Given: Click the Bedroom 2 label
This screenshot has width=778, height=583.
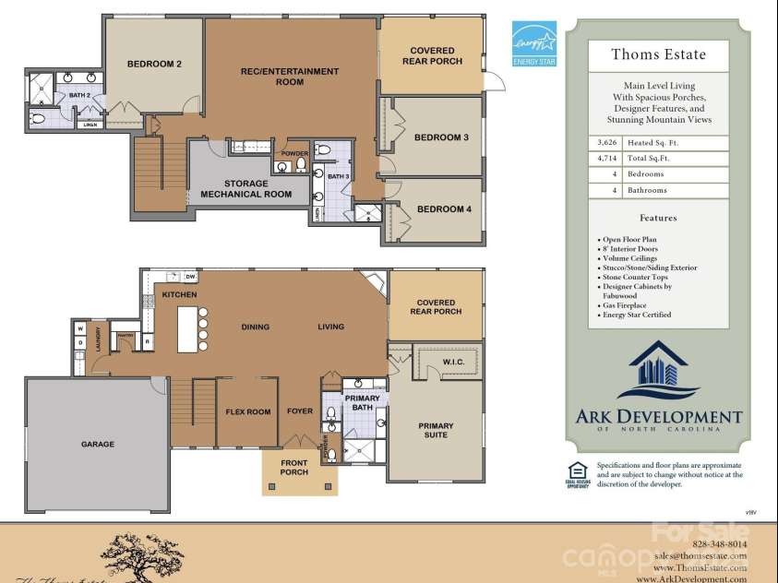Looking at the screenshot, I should (153, 64).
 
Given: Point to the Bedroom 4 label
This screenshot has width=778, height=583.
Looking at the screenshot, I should (444, 209).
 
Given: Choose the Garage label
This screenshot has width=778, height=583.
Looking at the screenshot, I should (98, 445).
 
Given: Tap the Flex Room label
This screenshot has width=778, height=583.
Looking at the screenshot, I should (248, 412).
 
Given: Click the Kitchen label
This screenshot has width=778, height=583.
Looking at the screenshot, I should (180, 294).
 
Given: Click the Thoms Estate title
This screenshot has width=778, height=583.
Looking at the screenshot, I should (658, 54).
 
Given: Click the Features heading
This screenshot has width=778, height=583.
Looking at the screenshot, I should (658, 219).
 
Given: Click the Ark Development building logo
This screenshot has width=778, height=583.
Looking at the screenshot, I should (657, 371).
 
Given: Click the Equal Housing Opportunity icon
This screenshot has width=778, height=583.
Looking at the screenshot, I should (578, 472).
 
